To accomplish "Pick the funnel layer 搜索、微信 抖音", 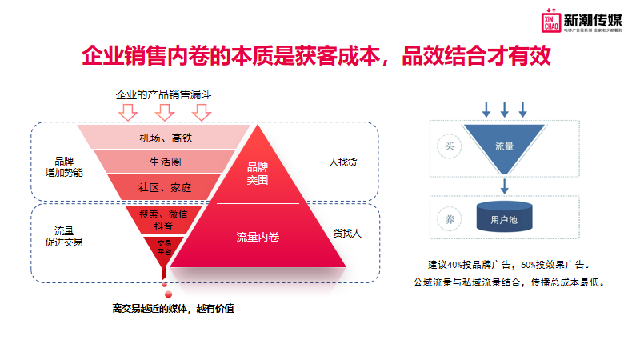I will click(x=163, y=220).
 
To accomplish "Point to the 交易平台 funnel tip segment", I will click(x=163, y=247).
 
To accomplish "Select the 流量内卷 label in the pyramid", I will click(x=258, y=237).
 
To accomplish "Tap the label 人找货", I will click(x=343, y=162).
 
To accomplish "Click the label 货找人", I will click(x=347, y=234).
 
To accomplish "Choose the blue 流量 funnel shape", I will click(x=504, y=145).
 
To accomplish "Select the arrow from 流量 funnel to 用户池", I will click(x=504, y=186).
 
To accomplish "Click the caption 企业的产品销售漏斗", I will click(x=162, y=95).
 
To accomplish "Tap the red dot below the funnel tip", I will click(x=164, y=285).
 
